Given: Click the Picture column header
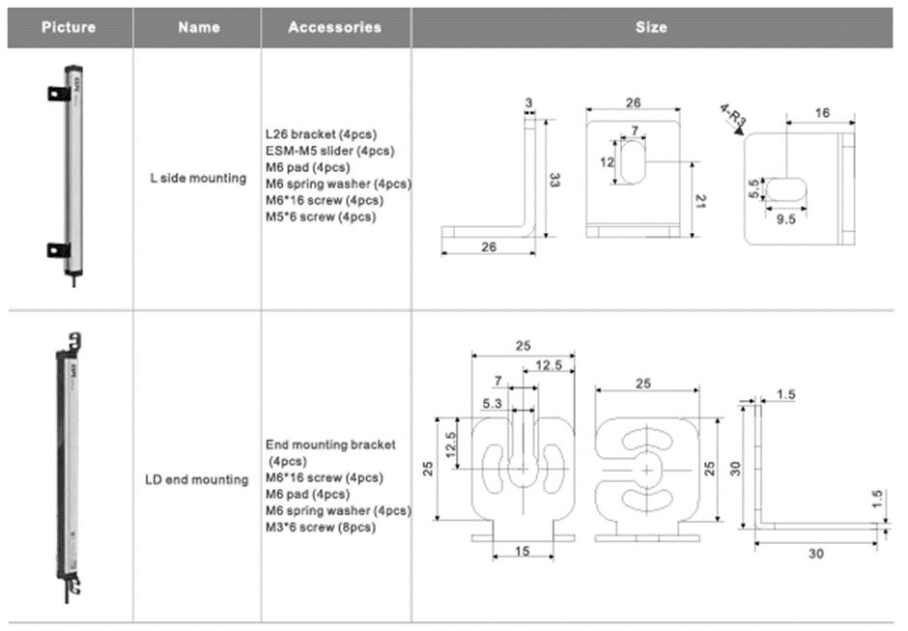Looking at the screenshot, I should (69, 27).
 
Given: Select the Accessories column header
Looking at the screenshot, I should (334, 27).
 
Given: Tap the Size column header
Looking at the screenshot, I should (651, 27).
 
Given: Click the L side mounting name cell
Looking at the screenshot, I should (198, 178).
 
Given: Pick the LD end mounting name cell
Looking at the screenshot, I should (197, 479).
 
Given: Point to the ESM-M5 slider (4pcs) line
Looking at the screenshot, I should (329, 150).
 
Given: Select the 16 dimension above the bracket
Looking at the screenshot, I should (821, 113).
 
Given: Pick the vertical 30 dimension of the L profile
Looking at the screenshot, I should (735, 468).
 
